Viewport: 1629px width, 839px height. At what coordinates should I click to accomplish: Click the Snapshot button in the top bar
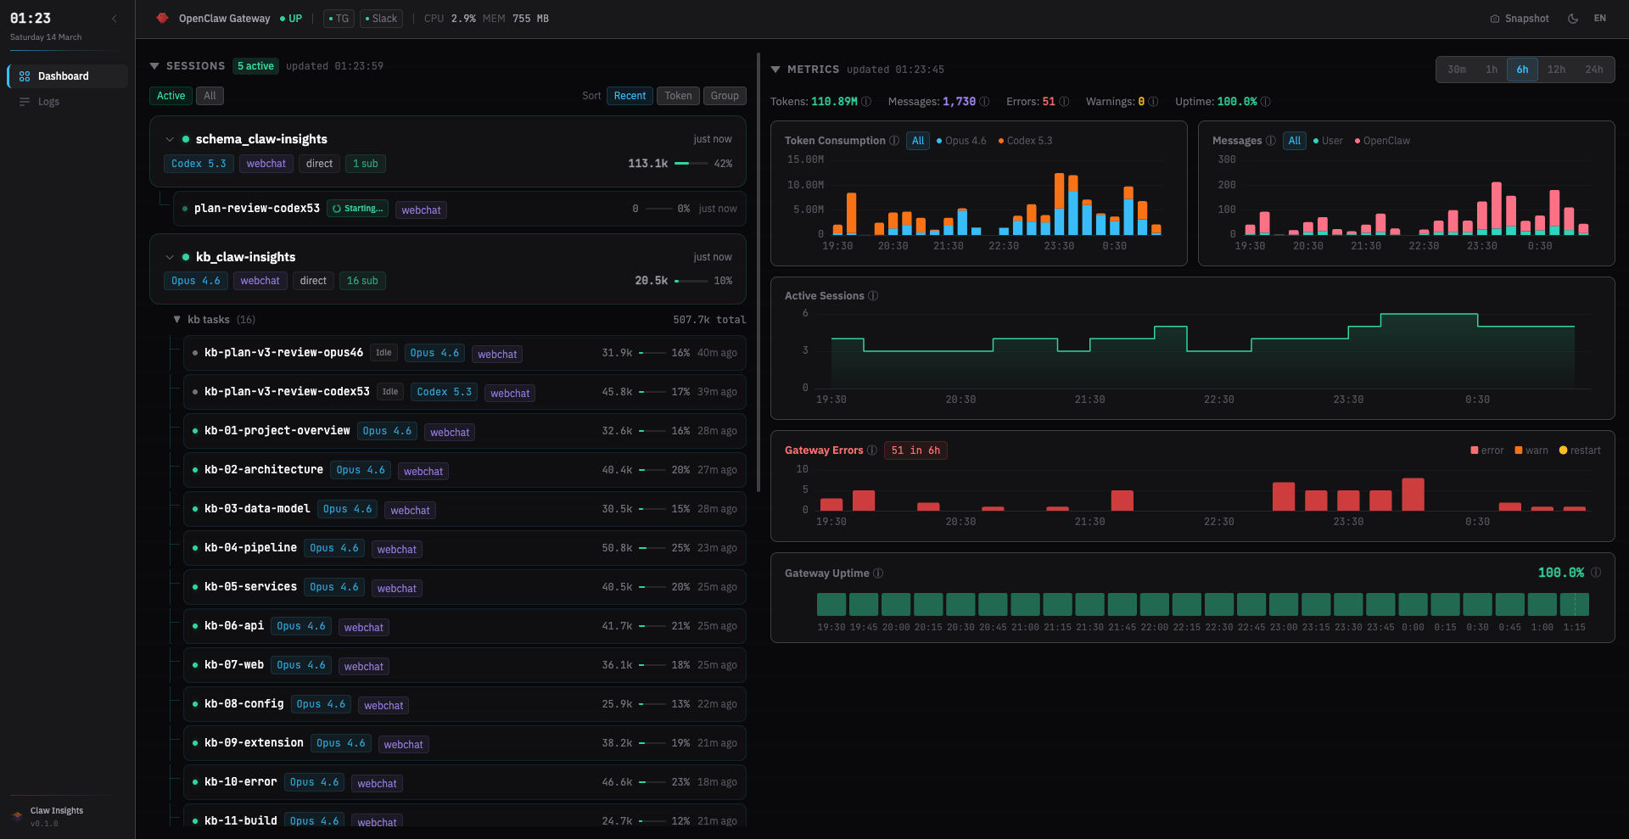pos(1520,19)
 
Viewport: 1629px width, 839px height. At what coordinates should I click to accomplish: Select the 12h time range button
pos(1556,70)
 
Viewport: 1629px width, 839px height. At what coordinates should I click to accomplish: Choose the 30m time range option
pos(1457,70)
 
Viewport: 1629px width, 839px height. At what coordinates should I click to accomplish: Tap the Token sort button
pos(678,96)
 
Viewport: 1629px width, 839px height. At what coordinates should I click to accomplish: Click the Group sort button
pos(725,96)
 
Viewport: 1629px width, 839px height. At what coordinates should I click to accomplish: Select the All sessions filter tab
pos(210,96)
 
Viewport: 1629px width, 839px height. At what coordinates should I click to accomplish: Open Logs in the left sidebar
pos(48,102)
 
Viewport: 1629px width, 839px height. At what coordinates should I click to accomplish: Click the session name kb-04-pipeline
pos(250,548)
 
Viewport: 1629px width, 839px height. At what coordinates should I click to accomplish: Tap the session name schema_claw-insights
pos(261,139)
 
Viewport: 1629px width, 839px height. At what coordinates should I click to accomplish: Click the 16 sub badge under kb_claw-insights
pos(362,281)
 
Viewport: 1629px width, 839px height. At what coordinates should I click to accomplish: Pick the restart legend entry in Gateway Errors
pos(1580,450)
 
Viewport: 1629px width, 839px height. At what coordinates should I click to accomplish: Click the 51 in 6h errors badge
pos(915,450)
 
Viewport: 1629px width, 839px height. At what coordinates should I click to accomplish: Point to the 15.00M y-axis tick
pos(805,159)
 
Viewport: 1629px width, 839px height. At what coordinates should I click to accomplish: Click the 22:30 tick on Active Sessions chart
pos(1218,400)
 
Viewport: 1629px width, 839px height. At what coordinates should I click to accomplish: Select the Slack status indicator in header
pos(381,19)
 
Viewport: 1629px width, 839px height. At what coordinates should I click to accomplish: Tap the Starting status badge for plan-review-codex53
pos(358,209)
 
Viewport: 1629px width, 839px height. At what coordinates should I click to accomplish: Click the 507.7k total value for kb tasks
pos(709,320)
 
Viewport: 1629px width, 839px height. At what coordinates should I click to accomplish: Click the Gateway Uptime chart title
pos(826,573)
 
